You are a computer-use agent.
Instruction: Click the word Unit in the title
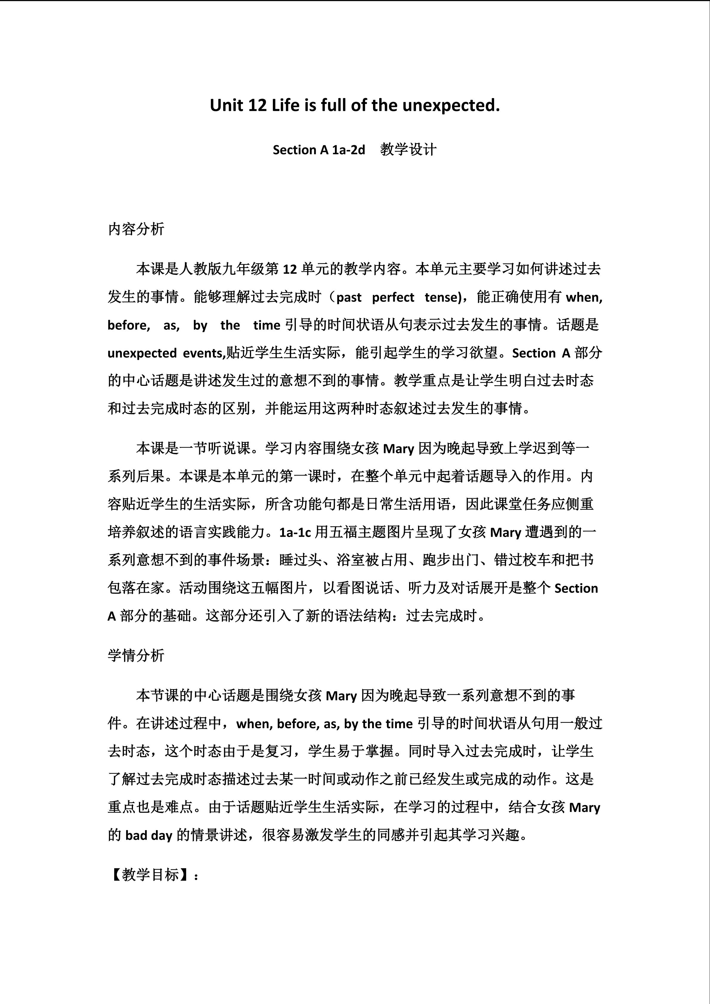(x=226, y=105)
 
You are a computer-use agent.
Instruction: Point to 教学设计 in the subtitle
(x=408, y=150)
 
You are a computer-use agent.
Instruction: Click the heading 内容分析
(x=136, y=229)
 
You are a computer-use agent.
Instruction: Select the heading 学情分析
(x=136, y=655)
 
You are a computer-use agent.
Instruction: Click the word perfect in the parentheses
(x=393, y=297)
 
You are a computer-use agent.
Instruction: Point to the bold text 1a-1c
(x=295, y=532)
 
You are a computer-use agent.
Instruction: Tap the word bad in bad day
(x=136, y=835)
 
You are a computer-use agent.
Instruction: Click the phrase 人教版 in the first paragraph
(x=200, y=269)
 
